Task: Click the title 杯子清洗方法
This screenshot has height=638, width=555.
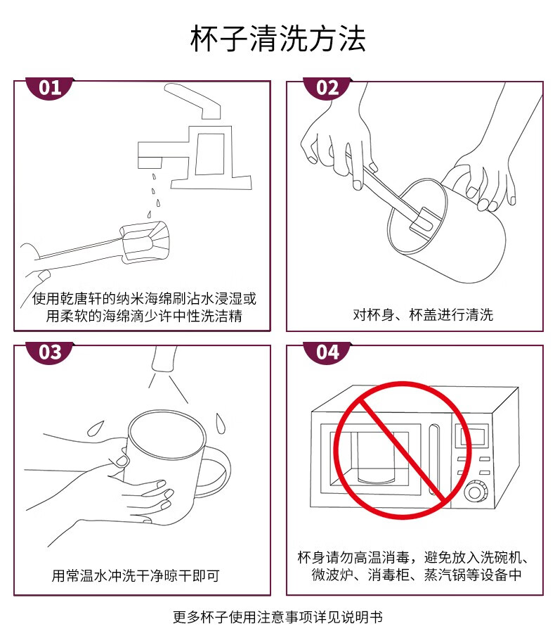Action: click(278, 39)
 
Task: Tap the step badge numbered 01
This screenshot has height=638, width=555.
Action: click(50, 87)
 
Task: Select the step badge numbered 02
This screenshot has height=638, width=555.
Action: click(327, 87)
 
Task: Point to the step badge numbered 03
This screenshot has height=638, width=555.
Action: click(50, 352)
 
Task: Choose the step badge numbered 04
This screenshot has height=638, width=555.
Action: click(327, 352)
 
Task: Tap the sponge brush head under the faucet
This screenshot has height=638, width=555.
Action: click(144, 241)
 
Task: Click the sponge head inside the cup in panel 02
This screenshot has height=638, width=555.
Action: click(424, 223)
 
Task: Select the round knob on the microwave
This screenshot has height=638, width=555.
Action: click(476, 492)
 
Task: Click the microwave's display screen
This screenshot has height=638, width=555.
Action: click(474, 436)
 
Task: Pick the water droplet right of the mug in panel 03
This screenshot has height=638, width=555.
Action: click(220, 423)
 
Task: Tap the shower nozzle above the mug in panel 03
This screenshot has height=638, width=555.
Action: click(164, 359)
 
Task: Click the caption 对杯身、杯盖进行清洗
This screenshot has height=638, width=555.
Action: click(422, 315)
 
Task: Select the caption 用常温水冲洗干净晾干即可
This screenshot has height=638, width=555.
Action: click(136, 575)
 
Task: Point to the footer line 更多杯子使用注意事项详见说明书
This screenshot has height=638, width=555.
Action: click(278, 617)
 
